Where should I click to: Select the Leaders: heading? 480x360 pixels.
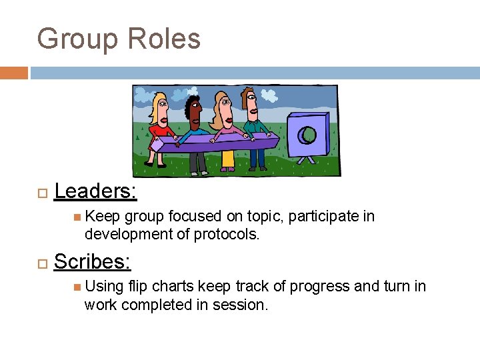pos(95,191)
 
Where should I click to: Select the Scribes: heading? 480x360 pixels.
pos(92,262)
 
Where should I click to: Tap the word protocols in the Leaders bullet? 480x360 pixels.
pos(226,235)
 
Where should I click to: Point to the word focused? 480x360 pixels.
pos(192,217)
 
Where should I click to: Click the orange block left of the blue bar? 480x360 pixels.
pos(14,73)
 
